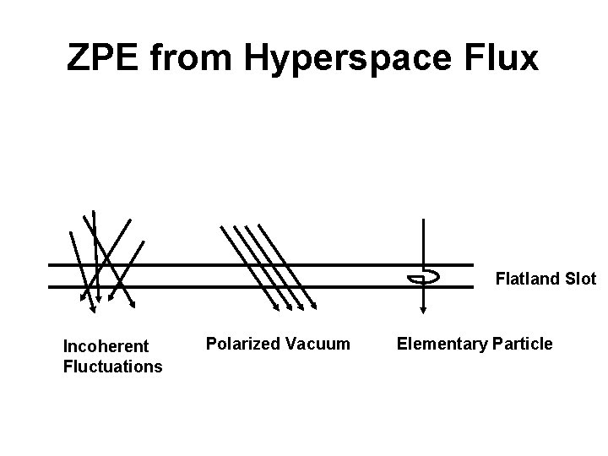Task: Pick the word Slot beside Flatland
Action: (579, 278)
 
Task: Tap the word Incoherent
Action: (106, 346)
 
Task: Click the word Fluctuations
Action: (112, 366)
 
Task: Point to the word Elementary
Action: (439, 343)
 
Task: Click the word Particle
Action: (524, 343)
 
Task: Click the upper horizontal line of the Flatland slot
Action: (253, 265)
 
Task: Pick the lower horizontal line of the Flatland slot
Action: (253, 287)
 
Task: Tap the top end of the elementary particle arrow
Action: (422, 220)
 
